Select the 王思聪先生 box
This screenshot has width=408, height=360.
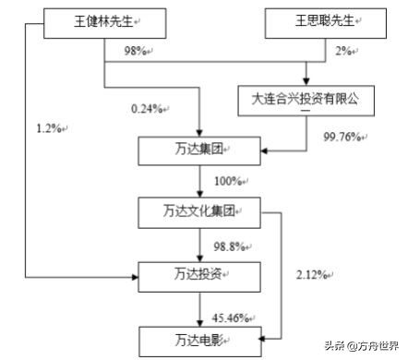(x=322, y=19)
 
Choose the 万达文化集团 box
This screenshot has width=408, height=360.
(x=199, y=212)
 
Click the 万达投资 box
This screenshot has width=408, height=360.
(x=199, y=274)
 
